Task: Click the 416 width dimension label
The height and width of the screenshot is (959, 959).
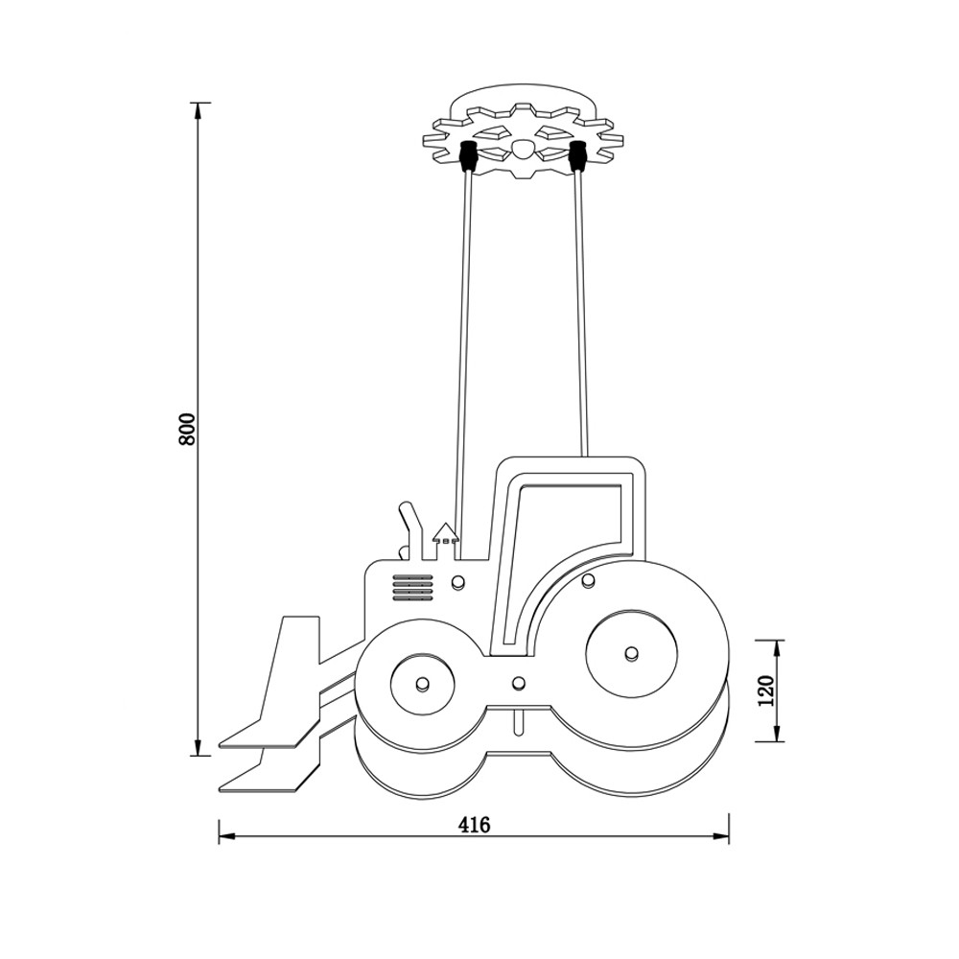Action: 474,825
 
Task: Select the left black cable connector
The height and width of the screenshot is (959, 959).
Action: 468,156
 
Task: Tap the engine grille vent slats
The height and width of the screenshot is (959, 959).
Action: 412,589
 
